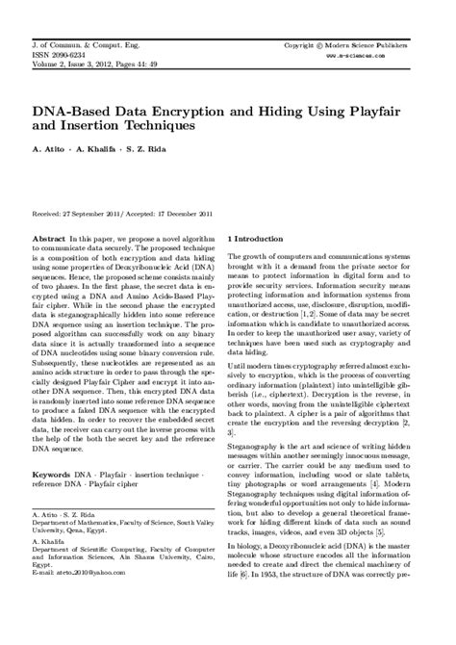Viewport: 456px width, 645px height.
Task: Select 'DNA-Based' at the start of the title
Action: (x=70, y=109)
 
